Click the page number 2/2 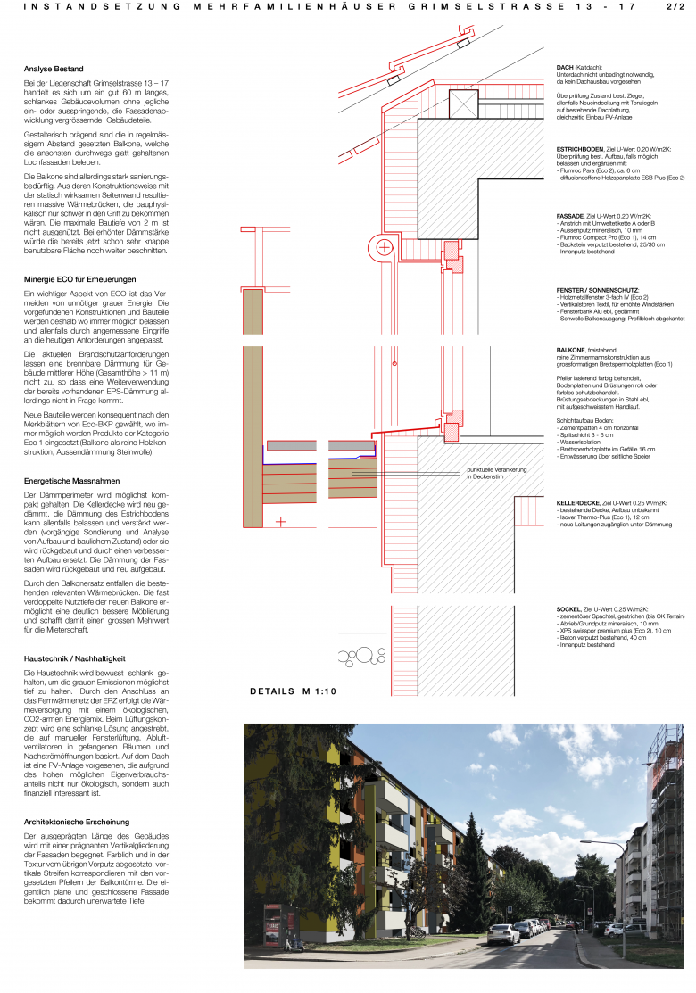point(673,6)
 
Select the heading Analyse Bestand point(54,69)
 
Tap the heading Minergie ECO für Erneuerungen point(79,279)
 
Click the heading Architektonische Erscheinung point(76,821)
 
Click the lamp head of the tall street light point(582,840)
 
